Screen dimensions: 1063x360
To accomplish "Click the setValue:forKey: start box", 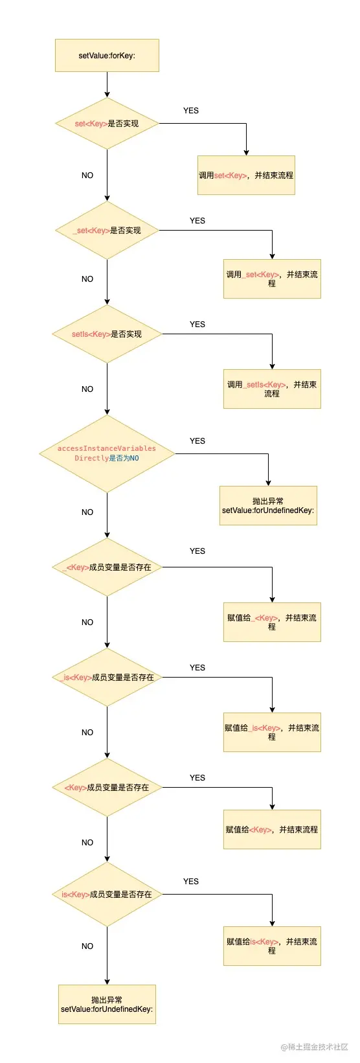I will pos(107,55).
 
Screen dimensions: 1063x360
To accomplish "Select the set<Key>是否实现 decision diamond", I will pos(107,123).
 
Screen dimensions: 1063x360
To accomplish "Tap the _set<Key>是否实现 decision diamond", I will pos(107,230).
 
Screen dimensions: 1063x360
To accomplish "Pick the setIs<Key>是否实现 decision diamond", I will pos(107,334).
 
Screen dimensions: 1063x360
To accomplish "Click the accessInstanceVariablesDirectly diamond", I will pos(107,453).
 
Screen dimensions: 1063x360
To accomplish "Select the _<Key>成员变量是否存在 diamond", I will pos(107,567).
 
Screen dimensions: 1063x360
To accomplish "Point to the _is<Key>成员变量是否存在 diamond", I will pos(107,677).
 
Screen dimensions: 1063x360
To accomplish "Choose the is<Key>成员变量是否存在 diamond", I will pos(107,894).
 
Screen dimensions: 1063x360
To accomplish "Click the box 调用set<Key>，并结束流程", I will pos(246,175).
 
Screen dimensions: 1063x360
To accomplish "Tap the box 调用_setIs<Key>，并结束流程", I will pos(272,389).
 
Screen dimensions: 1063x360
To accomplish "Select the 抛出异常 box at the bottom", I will pos(107,1004).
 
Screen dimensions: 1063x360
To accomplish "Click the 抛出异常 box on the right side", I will pos(268,505).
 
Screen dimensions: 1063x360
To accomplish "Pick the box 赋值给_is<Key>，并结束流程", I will pos(272,732).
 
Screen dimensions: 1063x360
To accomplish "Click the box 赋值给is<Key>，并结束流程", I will pos(272,946).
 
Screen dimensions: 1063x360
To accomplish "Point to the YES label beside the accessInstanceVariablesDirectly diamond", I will pos(197,440).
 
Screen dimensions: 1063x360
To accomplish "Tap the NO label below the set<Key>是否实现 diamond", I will pos(87,175).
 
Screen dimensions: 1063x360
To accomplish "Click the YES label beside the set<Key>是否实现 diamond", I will pos(191,110).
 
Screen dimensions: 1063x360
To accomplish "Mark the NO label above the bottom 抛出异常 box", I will pos(87,946).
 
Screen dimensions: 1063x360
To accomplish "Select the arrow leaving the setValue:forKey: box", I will pos(107,84).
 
